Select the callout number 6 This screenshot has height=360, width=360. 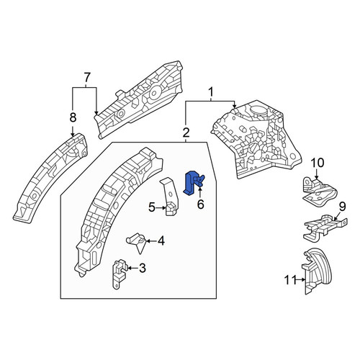click(200, 204)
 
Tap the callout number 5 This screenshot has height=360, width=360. click(152, 207)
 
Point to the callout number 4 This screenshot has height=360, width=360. click(161, 240)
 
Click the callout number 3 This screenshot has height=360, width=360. click(143, 268)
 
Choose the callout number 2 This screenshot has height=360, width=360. click(186, 132)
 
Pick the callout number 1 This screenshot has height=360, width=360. click(211, 92)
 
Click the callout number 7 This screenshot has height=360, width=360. click(87, 78)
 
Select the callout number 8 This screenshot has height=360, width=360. click(73, 117)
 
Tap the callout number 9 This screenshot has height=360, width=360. click(342, 207)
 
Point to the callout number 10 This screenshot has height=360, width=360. click(318, 163)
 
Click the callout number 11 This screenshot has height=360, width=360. click(291, 280)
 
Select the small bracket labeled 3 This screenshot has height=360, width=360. click(120, 274)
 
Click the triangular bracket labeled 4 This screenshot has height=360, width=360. click(136, 241)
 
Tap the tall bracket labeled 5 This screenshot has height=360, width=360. click(171, 197)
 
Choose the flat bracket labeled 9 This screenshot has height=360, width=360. click(324, 228)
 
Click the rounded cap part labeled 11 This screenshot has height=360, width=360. click(317, 270)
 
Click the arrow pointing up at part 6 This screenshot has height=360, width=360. click(199, 193)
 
